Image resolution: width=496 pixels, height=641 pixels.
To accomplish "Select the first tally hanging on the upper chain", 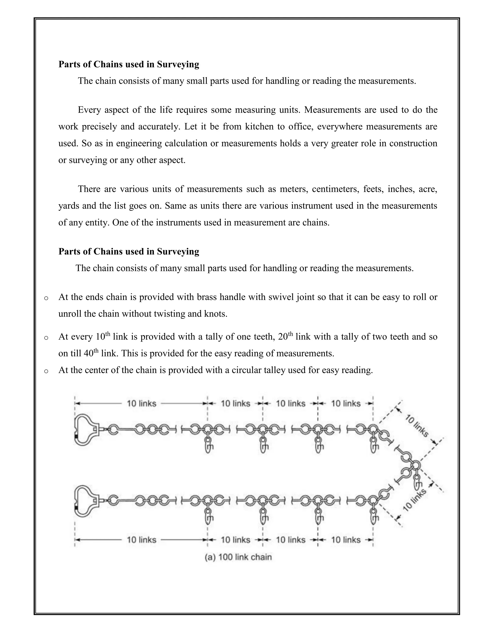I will (x=208, y=446).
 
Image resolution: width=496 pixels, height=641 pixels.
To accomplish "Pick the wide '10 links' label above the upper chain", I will (x=141, y=403).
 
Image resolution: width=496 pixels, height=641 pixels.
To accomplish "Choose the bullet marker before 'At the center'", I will (x=46, y=371).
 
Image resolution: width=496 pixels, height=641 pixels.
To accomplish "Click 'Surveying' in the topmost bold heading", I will (x=178, y=64).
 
